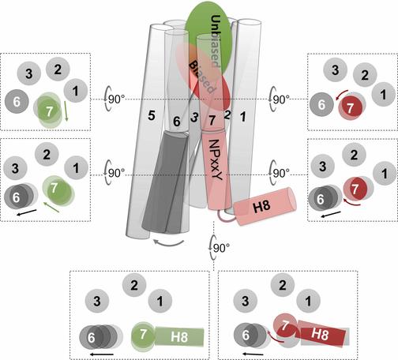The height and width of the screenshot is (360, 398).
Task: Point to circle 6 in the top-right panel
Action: (x=321, y=102)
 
